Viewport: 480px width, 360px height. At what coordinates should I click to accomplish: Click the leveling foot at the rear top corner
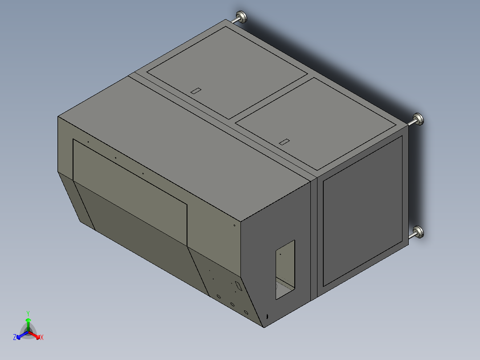coord(243,17)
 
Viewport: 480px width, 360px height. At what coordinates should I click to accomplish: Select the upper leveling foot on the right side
coord(419,119)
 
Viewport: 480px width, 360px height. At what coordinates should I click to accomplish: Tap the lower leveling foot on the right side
coord(419,232)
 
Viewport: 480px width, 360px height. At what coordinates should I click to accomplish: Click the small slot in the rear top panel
coord(196,90)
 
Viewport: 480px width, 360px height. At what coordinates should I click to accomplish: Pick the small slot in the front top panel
coord(284,142)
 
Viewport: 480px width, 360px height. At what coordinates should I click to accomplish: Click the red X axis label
coord(42,338)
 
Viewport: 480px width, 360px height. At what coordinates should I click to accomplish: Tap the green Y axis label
coord(28,313)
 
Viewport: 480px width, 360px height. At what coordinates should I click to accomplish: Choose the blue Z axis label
coord(15,338)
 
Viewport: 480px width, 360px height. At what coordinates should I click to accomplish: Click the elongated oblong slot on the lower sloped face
coord(239,286)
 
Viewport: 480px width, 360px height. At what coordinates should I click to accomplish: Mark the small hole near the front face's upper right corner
coord(235,225)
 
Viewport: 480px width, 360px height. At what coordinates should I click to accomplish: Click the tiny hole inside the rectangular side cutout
coord(281,254)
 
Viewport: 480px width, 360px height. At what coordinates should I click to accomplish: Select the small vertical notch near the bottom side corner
coord(267,316)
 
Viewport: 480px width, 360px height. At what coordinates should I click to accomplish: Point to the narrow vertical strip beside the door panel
coord(314,236)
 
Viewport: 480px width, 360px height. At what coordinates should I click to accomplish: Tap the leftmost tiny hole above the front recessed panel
coord(88,142)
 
